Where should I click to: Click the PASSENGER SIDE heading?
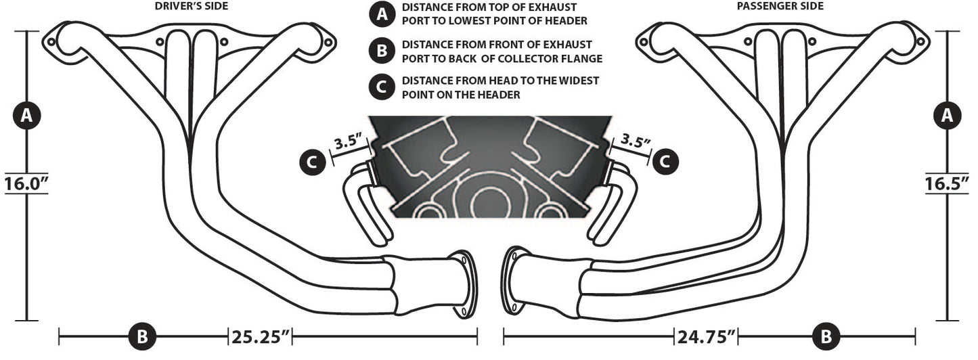(780, 6)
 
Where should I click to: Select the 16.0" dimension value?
(26, 183)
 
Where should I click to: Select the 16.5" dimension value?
(947, 183)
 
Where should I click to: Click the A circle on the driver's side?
(26, 116)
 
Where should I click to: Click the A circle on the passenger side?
(947, 116)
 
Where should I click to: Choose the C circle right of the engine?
(665, 161)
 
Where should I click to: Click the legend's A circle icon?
(382, 14)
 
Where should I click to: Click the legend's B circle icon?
(382, 51)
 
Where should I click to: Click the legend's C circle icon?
(382, 87)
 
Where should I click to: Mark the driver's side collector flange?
(464, 284)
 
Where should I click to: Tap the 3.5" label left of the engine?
(349, 143)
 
